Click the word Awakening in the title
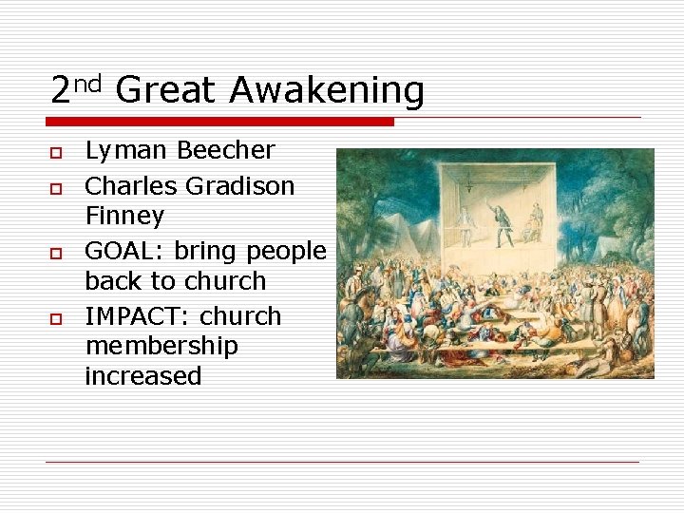327,91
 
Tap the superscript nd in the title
87,83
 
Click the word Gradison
240,185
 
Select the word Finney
124,216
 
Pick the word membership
161,346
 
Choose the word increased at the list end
143,376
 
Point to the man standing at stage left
465,226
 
